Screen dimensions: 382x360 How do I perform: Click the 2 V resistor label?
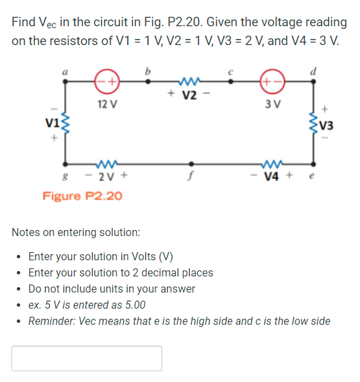(x=108, y=178)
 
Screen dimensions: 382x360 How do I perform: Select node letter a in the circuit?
(x=65, y=69)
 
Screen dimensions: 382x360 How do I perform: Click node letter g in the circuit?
(x=65, y=179)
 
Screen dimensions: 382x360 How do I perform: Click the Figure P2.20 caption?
(x=82, y=196)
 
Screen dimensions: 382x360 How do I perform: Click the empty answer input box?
(x=87, y=358)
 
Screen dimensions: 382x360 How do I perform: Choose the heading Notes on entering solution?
(x=75, y=233)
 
